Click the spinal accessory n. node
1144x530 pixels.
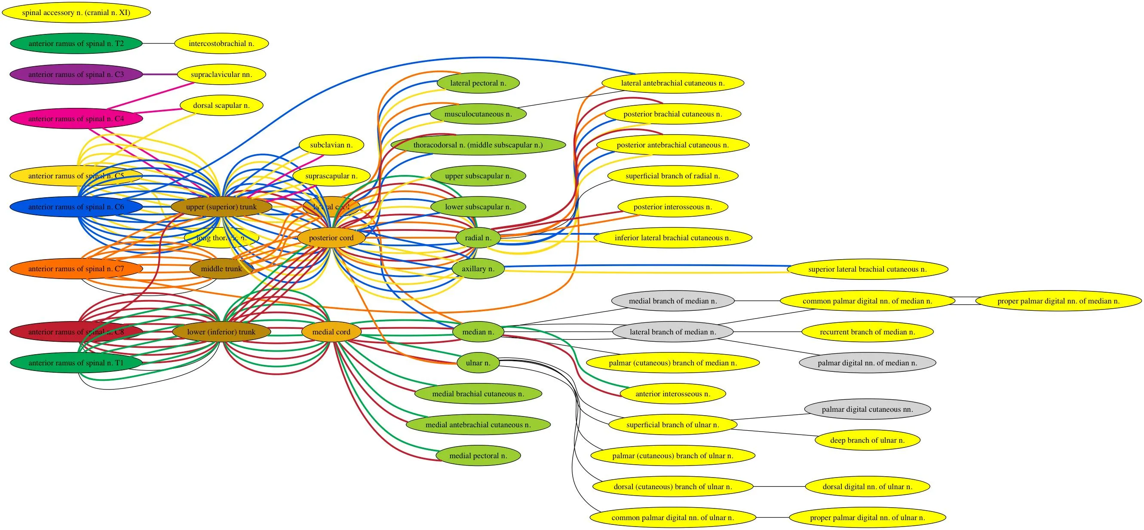coord(76,12)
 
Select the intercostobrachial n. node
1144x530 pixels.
coord(221,43)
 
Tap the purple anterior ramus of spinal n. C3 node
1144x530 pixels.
coord(76,74)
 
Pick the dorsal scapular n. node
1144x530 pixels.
coord(221,106)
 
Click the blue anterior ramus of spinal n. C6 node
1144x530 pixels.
coord(76,207)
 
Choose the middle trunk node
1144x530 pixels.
coord(221,269)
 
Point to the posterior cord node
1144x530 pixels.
coord(331,238)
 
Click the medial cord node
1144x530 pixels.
coord(331,332)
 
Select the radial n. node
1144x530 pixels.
coord(478,238)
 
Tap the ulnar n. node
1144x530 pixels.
coord(478,363)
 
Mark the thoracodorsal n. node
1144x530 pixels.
coord(478,145)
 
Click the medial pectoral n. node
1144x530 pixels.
coord(478,456)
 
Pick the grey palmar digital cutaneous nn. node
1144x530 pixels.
coord(867,409)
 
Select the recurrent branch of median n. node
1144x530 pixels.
coord(867,332)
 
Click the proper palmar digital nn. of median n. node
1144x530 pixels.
coord(1058,301)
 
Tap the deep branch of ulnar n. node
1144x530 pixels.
coord(867,440)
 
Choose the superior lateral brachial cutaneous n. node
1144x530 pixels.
coord(867,270)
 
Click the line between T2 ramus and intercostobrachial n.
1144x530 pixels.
coord(159,43)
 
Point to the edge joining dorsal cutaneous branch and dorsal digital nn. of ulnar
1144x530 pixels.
coord(779,487)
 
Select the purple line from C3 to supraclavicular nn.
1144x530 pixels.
coord(160,74)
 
